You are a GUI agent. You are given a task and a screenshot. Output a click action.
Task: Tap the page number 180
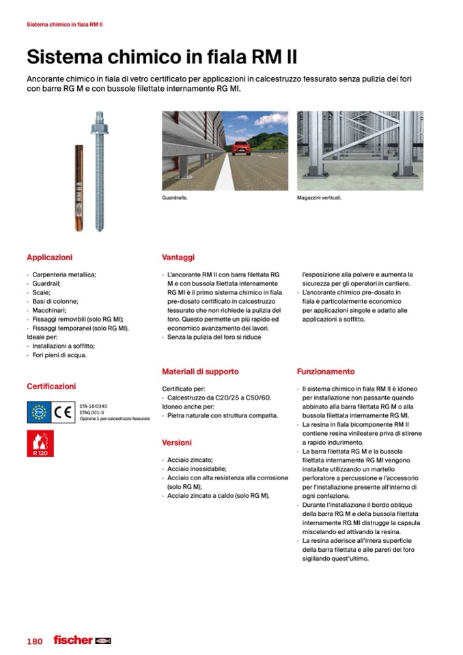[35, 641]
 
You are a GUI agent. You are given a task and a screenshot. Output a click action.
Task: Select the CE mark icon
[63, 411]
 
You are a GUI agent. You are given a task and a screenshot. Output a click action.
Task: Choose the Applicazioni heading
[49, 257]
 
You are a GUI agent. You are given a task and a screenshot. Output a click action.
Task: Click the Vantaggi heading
[178, 257]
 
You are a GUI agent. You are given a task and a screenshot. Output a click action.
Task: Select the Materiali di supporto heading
[200, 372]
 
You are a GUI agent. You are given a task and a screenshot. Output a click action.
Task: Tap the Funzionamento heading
[326, 372]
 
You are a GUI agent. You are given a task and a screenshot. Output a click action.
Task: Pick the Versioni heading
[177, 443]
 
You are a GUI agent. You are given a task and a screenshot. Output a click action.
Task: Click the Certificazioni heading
[51, 387]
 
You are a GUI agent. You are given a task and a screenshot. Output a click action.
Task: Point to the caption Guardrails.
[175, 198]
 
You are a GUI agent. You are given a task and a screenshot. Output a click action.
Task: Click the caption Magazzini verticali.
[319, 198]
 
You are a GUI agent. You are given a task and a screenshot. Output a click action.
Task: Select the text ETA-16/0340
[94, 406]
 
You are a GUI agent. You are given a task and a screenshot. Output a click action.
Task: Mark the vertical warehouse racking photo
[360, 150]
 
